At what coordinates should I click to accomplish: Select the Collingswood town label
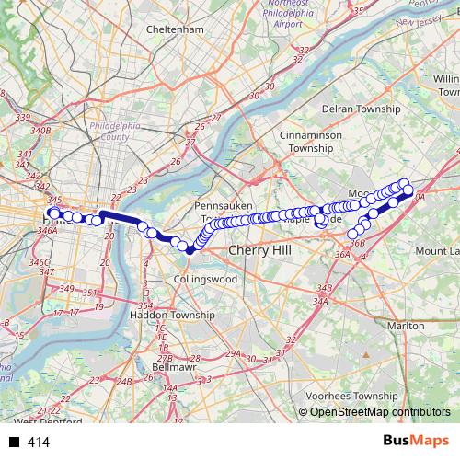[x=207, y=278]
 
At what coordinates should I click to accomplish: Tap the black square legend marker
[x=14, y=443]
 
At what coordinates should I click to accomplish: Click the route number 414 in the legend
[x=38, y=443]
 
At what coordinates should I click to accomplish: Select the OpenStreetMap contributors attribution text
[x=379, y=413]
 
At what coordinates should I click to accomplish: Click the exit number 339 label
[x=23, y=118]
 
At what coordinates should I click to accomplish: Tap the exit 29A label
[x=234, y=352]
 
